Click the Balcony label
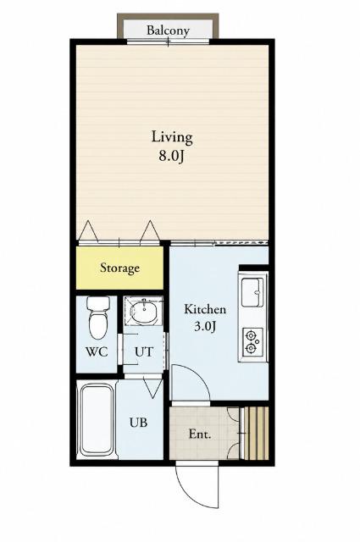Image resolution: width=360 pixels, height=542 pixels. (168, 30)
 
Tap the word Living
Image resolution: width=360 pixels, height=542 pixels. (172, 138)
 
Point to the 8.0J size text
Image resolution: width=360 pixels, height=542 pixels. (171, 156)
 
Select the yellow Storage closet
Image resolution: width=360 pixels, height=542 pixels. (119, 268)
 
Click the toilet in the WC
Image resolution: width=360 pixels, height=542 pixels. (98, 318)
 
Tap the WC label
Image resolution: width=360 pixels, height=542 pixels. (97, 352)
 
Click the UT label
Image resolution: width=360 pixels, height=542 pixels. (143, 352)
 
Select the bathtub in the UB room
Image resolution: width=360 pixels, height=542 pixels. (97, 420)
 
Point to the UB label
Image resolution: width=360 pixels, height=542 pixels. (138, 423)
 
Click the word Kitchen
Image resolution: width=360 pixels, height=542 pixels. (205, 309)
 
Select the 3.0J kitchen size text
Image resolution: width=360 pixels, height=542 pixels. (205, 326)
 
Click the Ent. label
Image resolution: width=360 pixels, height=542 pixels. (200, 434)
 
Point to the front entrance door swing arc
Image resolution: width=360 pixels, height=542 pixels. (189, 491)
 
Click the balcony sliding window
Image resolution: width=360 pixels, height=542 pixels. (168, 41)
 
